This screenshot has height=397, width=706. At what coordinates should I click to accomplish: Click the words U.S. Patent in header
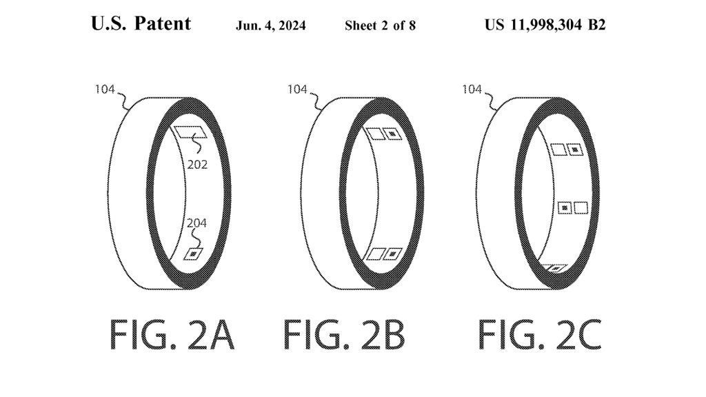[x=141, y=25]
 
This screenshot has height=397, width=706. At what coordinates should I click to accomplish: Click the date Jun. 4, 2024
[x=271, y=26]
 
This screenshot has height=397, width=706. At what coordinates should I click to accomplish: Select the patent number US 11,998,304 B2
[x=545, y=26]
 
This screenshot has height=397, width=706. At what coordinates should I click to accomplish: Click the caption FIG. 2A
[x=172, y=336]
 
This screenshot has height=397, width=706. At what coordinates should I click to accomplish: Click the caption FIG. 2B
[x=344, y=336]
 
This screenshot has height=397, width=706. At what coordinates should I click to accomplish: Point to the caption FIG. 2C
[x=540, y=336]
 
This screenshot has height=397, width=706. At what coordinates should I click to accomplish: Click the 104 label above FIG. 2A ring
[x=105, y=89]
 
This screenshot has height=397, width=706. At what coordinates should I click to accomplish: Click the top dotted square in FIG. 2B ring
[x=392, y=134]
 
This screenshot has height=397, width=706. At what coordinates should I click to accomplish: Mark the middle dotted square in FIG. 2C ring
[x=564, y=207]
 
